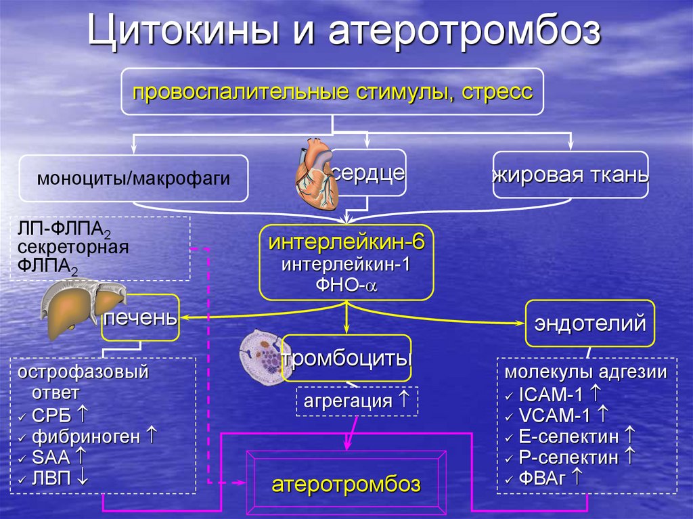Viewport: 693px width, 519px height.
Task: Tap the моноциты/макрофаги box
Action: (133, 179)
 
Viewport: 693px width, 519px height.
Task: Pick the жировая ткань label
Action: (571, 175)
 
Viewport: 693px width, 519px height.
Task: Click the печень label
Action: (141, 317)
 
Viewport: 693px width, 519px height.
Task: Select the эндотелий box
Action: (589, 323)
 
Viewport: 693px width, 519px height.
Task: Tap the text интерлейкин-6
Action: (346, 242)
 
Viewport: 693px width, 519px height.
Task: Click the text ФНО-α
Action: (347, 284)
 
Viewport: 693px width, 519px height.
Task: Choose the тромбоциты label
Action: (347, 357)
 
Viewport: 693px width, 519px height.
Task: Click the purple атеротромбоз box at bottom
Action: (346, 483)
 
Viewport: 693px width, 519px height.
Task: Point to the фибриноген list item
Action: (89, 436)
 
